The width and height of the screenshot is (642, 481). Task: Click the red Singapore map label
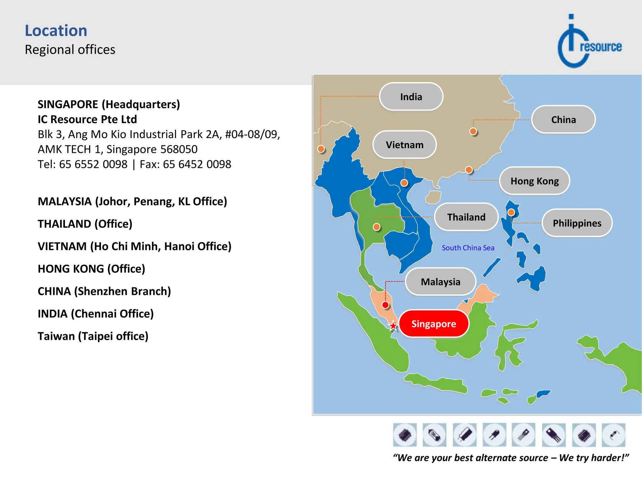coord(434,324)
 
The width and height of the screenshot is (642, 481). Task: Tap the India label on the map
coord(411,97)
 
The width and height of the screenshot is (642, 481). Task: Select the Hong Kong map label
coord(534,181)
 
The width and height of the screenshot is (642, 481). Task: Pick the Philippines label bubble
coord(577,223)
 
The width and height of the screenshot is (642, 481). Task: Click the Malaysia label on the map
coord(440,282)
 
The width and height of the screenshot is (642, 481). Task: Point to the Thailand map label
coord(466,217)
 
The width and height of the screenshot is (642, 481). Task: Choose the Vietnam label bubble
coord(404,145)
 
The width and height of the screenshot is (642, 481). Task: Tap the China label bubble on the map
coord(563,120)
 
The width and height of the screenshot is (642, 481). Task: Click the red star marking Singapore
coord(393,326)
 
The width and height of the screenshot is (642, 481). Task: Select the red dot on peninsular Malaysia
coord(386,305)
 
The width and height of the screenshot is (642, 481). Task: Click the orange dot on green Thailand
coord(376,227)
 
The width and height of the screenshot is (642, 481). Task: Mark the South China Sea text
coord(468,248)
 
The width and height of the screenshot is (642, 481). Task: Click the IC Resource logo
coord(589,42)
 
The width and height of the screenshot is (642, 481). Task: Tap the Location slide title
coord(56,31)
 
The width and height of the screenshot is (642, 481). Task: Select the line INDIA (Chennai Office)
coord(96,314)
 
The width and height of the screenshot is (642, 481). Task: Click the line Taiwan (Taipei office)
coord(93,336)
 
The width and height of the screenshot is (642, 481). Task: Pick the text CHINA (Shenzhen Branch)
coord(104,291)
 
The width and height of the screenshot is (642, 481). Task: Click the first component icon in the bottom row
coord(405,435)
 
